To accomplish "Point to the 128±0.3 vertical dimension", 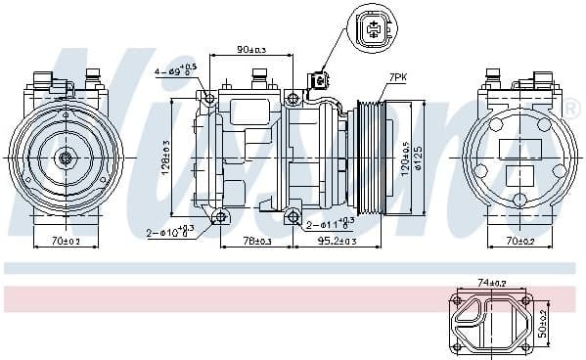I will (x=166, y=157).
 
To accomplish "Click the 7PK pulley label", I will (x=398, y=75).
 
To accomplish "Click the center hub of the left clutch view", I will (x=66, y=157).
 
